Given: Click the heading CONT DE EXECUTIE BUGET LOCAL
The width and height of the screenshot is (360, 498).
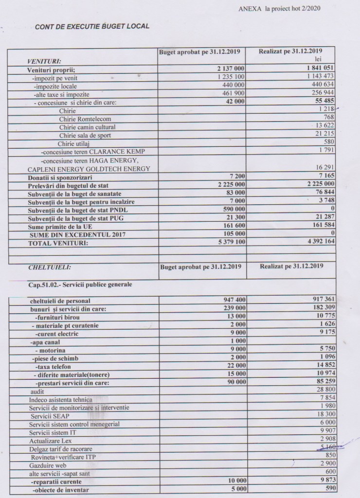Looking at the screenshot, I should tap(92, 26).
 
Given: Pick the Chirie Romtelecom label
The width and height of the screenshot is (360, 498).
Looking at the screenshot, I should tap(85, 119).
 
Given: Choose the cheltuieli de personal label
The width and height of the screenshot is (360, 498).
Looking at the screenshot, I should tap(60, 301).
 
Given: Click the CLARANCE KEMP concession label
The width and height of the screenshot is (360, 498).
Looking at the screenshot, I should tap(93, 152).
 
